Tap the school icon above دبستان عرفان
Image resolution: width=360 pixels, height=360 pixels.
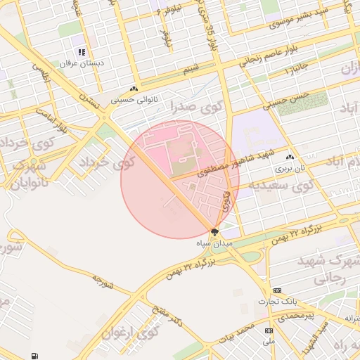pos(82,52)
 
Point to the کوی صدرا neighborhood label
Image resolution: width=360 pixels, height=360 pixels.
pos(192,106)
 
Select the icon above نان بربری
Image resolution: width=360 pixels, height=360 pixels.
pos(289,157)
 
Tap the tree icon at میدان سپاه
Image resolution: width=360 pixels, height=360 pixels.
pos(214,231)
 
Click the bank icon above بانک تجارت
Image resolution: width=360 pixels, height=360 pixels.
pos(277,290)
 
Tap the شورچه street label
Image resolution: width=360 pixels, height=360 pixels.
pos(103,282)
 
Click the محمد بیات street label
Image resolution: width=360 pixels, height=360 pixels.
pos(235,330)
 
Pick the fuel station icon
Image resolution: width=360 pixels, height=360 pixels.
pos(35,356)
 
